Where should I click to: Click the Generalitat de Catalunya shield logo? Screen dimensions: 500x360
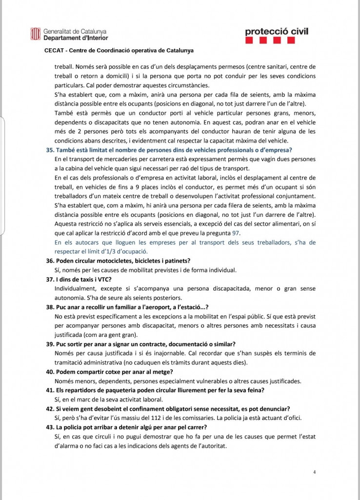pyautogui.click(x=35, y=34)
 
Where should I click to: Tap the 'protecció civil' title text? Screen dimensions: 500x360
pyautogui.click(x=277, y=32)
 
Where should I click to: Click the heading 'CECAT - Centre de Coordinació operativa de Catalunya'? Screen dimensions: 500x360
pyautogui.click(x=119, y=50)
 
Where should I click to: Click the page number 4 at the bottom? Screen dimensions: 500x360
pyautogui.click(x=315, y=472)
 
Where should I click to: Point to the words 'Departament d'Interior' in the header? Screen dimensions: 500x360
pyautogui.click(x=76, y=38)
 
